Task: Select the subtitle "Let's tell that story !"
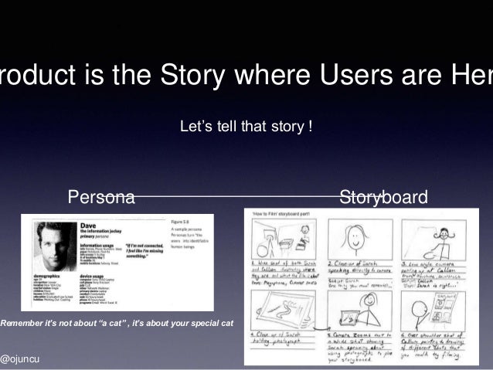click(246, 124)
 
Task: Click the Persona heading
click(101, 199)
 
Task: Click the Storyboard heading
click(383, 199)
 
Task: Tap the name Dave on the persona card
click(88, 222)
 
